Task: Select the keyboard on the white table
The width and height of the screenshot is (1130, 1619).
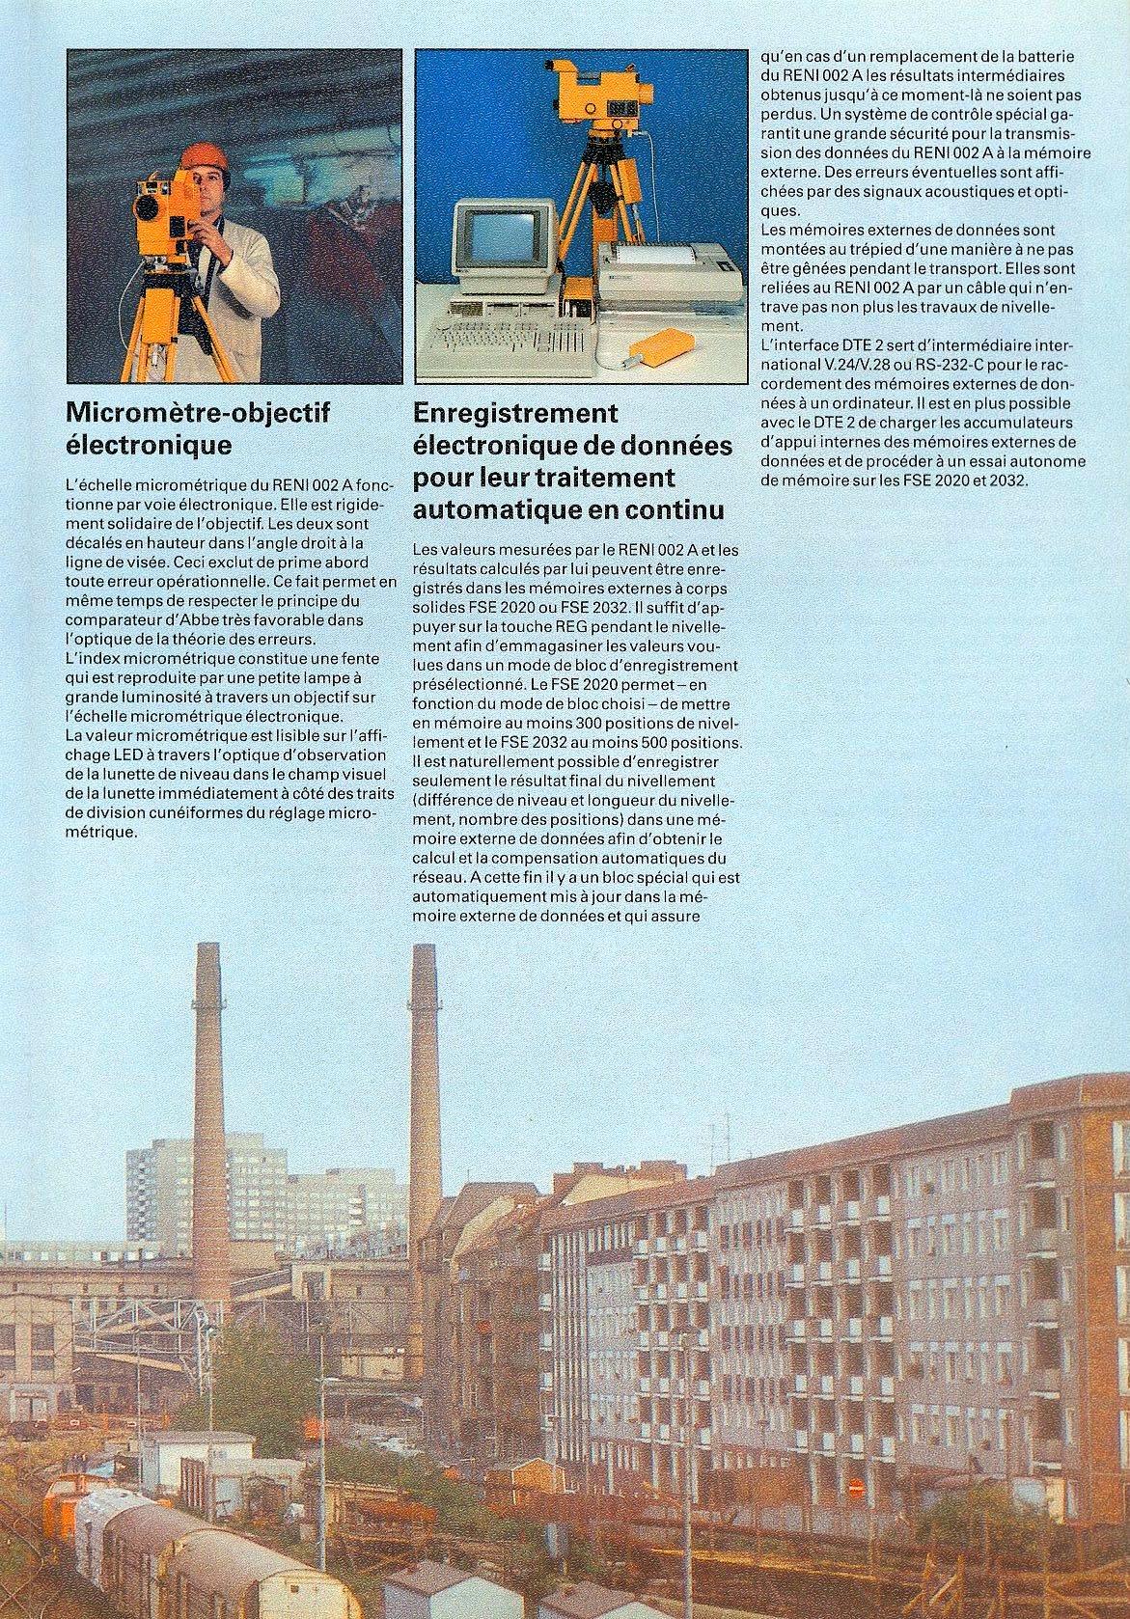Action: pyautogui.click(x=507, y=341)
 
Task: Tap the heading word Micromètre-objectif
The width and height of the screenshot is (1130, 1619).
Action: pyautogui.click(x=197, y=414)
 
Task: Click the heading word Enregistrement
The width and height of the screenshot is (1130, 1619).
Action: pyautogui.click(x=514, y=414)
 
